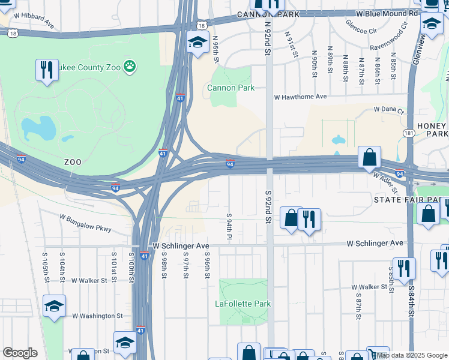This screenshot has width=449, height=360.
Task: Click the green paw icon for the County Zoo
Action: [129, 65]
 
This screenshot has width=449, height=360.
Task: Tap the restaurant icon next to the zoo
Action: [47, 70]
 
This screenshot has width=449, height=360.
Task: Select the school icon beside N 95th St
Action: [197, 43]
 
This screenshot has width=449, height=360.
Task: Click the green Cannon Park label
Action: [231, 88]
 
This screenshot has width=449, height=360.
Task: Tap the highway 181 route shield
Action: [408, 132]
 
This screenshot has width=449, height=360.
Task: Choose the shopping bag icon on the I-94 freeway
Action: [370, 157]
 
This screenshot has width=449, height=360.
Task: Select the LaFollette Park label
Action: [243, 304]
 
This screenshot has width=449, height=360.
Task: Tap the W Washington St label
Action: [97, 316]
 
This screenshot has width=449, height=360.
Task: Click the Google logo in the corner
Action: [20, 353]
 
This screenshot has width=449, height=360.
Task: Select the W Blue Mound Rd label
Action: [387, 13]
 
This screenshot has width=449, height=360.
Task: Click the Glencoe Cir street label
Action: [361, 26]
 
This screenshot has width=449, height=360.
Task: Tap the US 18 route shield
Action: [202, 25]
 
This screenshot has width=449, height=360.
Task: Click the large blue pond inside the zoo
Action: [38, 128]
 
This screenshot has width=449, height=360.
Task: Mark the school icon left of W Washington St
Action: [54, 307]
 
